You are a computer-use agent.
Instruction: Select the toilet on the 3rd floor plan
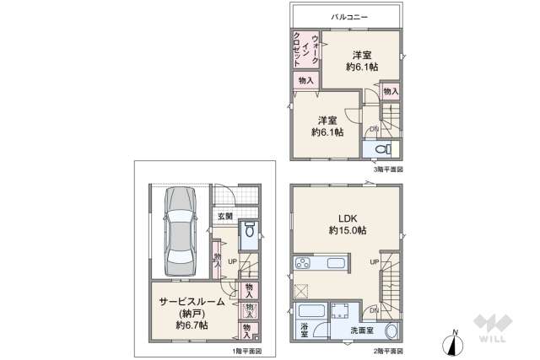point(381,149)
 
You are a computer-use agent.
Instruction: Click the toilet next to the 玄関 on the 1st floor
point(249,231)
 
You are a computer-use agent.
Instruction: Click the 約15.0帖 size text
point(347,230)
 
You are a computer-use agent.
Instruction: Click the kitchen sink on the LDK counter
point(334,266)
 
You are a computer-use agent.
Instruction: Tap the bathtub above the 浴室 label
point(312,310)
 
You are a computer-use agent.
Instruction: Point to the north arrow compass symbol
point(455,343)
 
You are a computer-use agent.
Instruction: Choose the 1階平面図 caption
point(247,351)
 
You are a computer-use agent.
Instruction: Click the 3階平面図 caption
point(389,169)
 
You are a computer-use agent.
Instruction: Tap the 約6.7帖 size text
point(192,325)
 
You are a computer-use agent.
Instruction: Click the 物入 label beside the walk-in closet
point(305,81)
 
